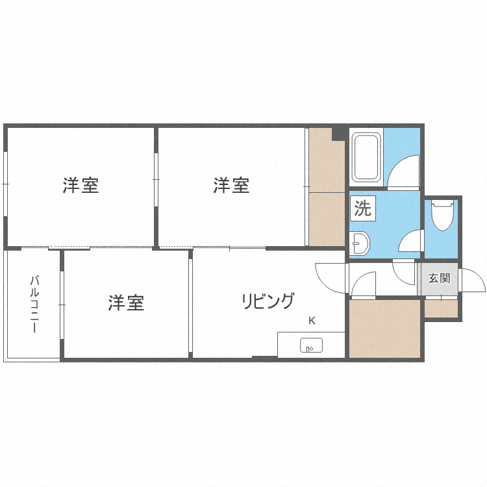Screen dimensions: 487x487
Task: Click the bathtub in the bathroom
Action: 366,158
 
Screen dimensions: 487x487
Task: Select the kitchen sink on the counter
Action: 311,345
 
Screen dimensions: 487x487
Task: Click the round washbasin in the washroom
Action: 358,244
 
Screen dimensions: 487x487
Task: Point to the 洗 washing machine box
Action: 362,208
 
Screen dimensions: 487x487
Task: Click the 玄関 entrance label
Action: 439,278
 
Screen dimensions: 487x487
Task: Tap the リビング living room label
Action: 268,301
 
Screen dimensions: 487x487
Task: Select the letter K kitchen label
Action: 312,320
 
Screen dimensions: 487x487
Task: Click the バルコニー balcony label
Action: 34,304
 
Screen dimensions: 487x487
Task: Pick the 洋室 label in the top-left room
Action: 81,186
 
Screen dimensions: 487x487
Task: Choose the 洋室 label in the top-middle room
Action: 231,186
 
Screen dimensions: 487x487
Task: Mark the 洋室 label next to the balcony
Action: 126,303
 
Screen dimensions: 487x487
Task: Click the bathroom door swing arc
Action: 404,173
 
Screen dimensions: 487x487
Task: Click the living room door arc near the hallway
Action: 331,278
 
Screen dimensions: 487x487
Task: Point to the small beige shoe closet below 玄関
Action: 442,308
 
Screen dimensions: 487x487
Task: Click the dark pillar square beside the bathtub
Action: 338,134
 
